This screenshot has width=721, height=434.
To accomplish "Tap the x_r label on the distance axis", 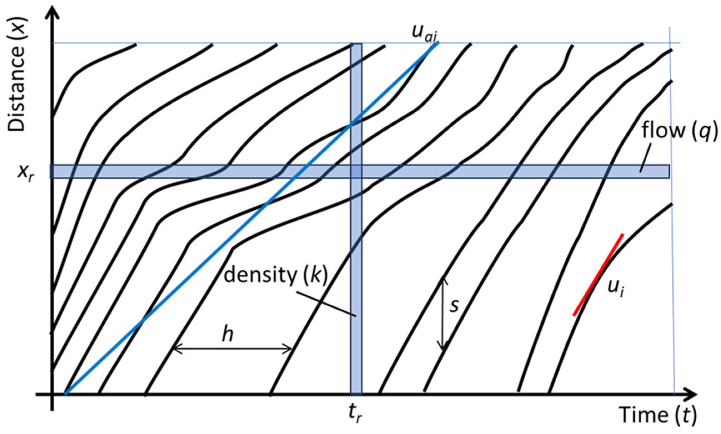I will pyautogui.click(x=26, y=173).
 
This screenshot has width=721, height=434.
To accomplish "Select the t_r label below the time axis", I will pyautogui.click(x=355, y=414).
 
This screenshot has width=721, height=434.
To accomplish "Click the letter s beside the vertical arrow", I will pyautogui.click(x=454, y=306).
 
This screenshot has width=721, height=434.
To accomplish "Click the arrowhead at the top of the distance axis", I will pyautogui.click(x=52, y=12).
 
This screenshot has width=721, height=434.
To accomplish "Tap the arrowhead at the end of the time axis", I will pyautogui.click(x=691, y=394).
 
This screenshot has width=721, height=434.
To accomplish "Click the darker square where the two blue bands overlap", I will pyautogui.click(x=356, y=171).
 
